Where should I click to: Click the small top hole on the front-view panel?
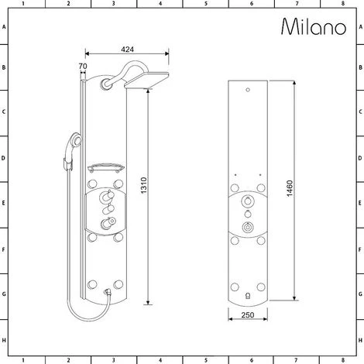pos(247,92)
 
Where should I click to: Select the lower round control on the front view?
pos(247,228)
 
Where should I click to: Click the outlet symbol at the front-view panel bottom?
pos(247,295)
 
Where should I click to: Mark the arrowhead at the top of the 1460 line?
pos(294,81)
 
